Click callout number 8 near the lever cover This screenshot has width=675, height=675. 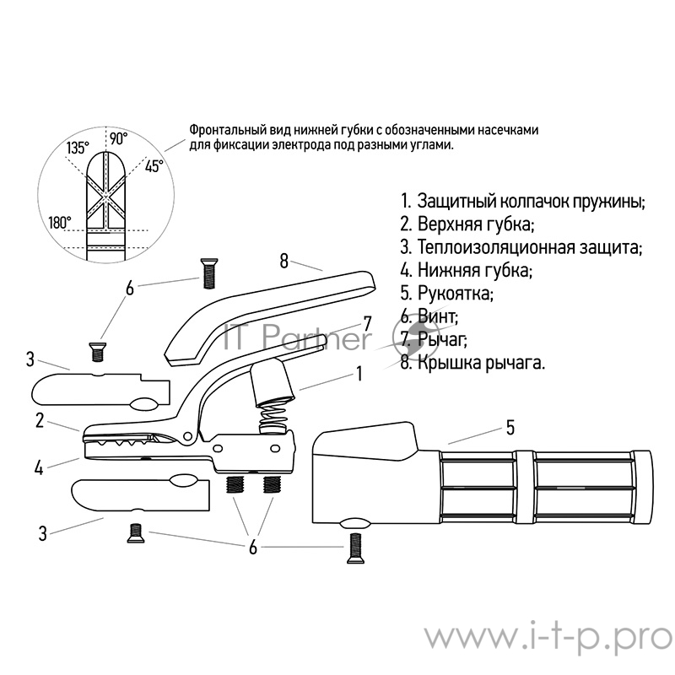click(x=284, y=260)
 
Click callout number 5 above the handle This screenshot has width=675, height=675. click(x=510, y=429)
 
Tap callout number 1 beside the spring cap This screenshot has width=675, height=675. click(x=359, y=372)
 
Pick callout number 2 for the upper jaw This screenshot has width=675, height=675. click(x=40, y=419)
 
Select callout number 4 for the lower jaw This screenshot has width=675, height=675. click(x=39, y=466)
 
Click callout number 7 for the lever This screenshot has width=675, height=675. click(x=367, y=322)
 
